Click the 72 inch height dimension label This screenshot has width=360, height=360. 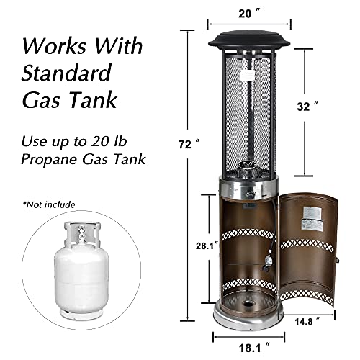[x=189, y=145]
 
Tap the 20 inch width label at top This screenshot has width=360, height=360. [x=249, y=14]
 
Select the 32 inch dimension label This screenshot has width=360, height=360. [x=307, y=107]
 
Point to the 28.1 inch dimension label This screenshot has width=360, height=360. [x=207, y=246]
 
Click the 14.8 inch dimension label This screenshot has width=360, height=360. [x=307, y=321]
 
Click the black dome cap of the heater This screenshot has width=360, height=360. [x=249, y=40]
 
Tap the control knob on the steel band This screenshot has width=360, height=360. [x=250, y=192]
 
